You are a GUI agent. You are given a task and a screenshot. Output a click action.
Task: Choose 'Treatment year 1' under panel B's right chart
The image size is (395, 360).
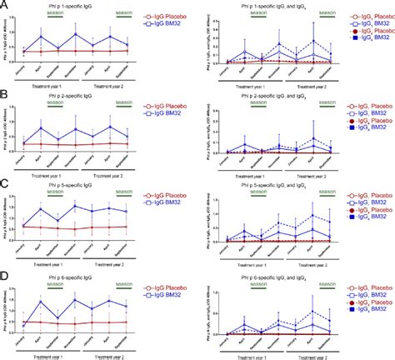point(248,172)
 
